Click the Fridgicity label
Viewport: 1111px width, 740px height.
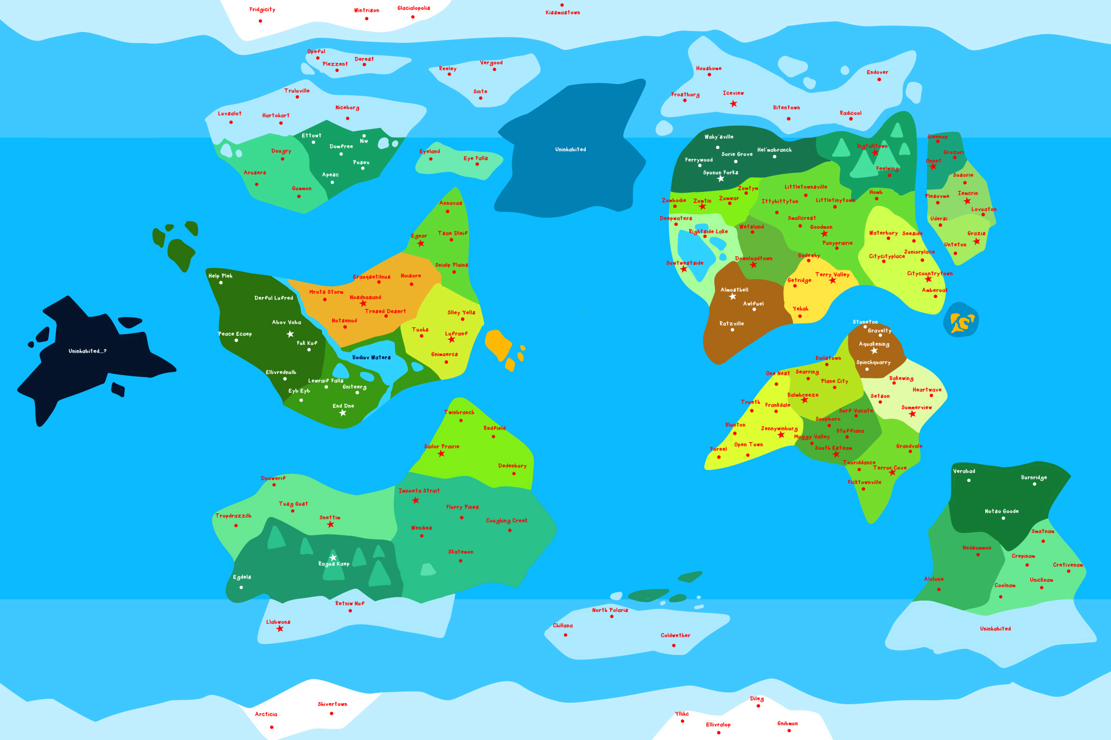point(263,10)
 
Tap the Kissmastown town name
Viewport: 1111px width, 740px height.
point(563,12)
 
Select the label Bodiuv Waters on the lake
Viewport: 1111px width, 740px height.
point(371,357)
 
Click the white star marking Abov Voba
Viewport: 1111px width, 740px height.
point(290,334)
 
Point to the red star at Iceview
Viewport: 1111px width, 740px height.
point(733,104)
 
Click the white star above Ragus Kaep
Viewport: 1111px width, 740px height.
point(333,557)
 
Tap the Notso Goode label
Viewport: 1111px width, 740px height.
point(1001,511)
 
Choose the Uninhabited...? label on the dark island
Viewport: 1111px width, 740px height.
point(87,351)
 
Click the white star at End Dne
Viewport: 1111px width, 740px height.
point(343,413)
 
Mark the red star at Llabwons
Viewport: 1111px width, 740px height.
point(280,629)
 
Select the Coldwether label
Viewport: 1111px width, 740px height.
point(675,635)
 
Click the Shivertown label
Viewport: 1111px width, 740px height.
point(333,704)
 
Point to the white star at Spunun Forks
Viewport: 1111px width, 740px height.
point(721,179)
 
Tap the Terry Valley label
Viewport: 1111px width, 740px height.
point(832,274)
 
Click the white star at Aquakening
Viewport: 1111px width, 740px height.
point(874,351)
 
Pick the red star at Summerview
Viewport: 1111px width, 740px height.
point(912,414)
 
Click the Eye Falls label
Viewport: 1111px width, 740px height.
point(475,158)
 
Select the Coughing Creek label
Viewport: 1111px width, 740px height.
point(507,520)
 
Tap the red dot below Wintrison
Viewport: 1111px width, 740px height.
point(367,19)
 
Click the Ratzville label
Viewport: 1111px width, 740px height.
point(731,324)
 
